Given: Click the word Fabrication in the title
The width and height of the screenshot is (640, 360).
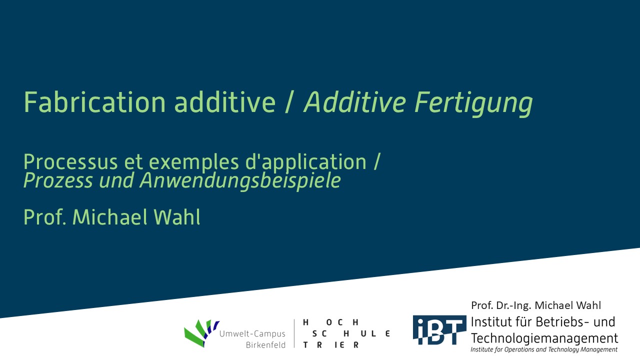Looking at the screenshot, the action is (94, 102).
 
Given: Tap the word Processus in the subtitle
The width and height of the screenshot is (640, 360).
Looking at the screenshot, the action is (70, 162).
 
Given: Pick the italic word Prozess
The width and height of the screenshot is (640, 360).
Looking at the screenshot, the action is (58, 180).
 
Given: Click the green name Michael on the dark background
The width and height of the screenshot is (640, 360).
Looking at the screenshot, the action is (110, 217).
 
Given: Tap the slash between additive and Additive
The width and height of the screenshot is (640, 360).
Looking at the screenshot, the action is (289, 102).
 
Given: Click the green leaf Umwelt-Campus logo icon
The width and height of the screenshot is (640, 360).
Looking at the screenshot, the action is (201, 333).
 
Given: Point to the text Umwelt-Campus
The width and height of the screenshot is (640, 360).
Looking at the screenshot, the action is (252, 334).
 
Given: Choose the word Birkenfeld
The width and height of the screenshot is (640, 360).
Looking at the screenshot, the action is (265, 345).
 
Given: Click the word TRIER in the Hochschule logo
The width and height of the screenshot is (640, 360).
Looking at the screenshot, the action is (331, 345).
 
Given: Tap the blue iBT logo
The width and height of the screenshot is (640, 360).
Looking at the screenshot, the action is (439, 330).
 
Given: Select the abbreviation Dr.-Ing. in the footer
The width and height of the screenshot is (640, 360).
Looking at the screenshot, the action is (513, 305).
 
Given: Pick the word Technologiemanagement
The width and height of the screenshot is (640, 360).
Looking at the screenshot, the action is (544, 338).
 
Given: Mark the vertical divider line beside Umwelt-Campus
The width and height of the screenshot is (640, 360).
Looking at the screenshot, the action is (294, 333).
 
